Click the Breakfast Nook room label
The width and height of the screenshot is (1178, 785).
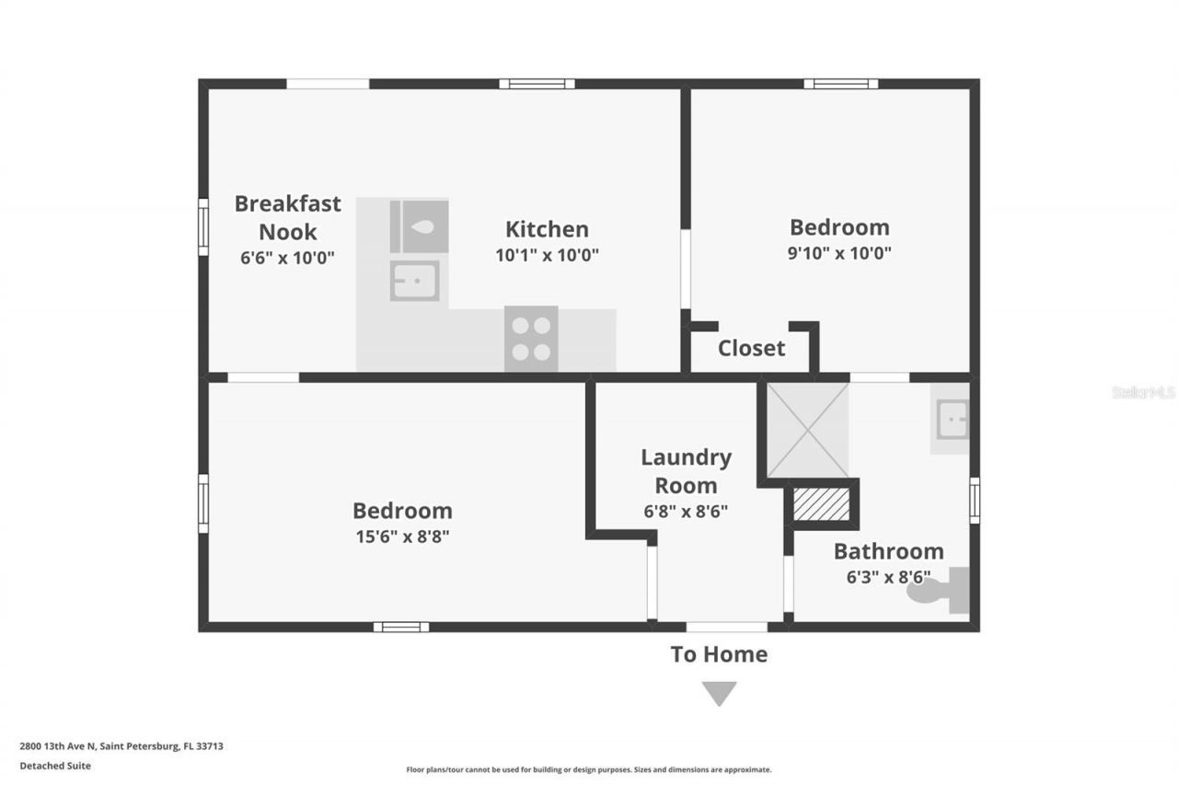coord(287,217)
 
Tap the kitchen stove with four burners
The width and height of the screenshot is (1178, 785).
coord(531,339)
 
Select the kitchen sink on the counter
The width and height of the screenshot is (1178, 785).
coord(414,281)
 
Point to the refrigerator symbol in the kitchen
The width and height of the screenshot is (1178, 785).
coord(419,225)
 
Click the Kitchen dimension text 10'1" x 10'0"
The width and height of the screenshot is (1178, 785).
coord(547,255)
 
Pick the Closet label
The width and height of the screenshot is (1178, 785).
coord(751,348)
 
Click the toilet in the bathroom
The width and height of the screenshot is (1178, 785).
coord(939,590)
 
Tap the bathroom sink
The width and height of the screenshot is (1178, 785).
coord(951,421)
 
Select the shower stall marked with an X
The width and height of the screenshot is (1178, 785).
coord(807,430)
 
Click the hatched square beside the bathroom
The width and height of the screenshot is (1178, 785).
coord(821,504)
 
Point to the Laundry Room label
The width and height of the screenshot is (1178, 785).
coord(686,470)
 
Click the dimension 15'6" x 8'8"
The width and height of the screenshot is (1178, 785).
coord(402,537)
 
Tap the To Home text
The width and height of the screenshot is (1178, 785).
coord(718,654)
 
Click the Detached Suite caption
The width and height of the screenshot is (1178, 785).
coord(55,766)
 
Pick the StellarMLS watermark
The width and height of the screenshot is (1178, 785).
coord(1143,392)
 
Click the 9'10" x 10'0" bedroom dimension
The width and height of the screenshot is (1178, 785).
coord(838,253)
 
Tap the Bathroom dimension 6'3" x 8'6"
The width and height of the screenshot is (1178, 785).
coord(888,578)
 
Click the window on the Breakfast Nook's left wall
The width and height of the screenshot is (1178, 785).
coord(203,226)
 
